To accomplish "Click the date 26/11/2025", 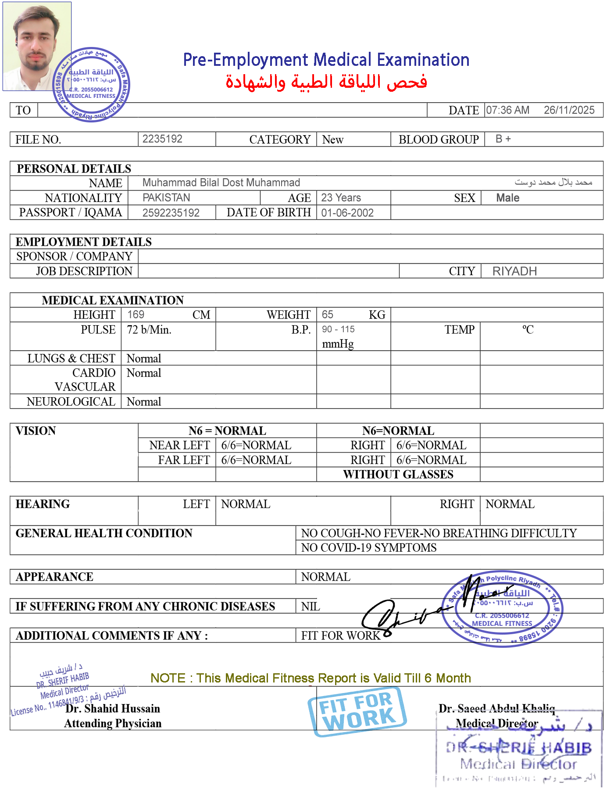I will pos(569,110).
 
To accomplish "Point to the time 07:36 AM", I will pos(507,110).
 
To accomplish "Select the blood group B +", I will pos(503,139).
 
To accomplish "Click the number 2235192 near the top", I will pos(162,139).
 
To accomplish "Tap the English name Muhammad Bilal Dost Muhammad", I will pos(221,183).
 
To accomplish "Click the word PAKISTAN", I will pos(166,197).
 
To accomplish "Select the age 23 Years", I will pos(341,197).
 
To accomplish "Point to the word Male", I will pos(507,198).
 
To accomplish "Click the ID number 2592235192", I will pos(171,213).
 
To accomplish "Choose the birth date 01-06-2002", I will pos(347,213).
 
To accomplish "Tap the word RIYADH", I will pos(514,271).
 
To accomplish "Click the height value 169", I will pos(136,314).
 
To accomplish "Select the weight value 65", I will pos(327,314).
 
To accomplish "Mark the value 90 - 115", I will pos(338,329).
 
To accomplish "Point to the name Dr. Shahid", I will pos(92,708).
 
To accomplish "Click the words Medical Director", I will pos(496,723).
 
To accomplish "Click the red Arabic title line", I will pos(326,82).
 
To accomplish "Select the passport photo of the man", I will pos(37,46).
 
